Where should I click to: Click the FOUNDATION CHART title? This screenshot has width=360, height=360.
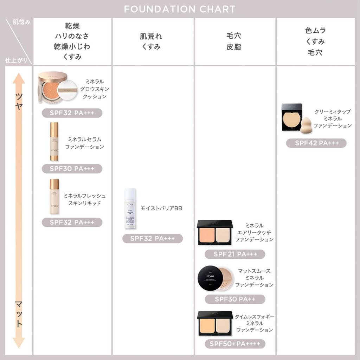(180, 9)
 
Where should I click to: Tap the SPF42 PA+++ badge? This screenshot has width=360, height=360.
(316, 143)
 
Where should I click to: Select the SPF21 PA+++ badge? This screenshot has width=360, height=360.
(235, 254)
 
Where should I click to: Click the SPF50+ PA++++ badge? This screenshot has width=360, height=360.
(235, 344)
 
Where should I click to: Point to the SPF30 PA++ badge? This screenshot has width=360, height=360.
(235, 299)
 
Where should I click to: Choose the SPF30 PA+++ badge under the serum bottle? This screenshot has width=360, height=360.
(72, 169)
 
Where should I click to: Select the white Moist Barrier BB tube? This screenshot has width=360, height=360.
(130, 208)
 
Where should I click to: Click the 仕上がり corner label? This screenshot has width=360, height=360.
(14, 60)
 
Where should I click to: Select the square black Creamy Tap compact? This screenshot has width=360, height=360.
(292, 117)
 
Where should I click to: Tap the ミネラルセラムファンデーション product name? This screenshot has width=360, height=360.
(85, 143)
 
